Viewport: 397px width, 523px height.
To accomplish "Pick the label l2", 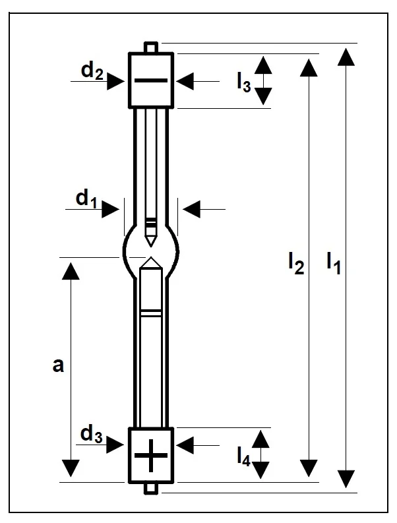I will tap(295, 263).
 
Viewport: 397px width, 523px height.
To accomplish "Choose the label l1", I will tap(333, 263).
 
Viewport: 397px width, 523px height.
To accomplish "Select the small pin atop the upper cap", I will tap(151, 47).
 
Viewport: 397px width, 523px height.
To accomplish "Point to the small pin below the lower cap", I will tap(151, 488).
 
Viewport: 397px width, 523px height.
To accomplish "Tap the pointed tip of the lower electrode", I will tap(151, 261).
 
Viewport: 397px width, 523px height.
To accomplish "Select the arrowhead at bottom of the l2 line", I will tap(307, 468).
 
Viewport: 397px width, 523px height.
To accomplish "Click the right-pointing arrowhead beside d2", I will tap(117, 80).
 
